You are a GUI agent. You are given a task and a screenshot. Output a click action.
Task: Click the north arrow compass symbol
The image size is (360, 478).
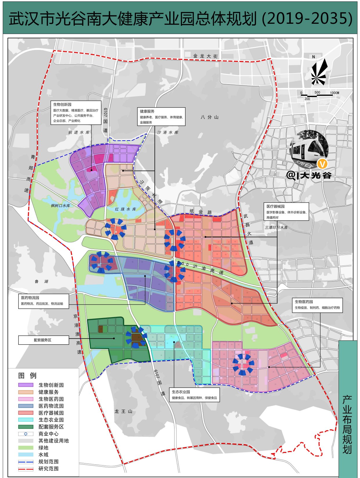point(319,72)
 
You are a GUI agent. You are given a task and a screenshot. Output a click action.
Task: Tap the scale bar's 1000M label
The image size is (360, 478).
point(334,93)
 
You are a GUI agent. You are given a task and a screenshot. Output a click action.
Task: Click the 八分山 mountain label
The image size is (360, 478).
point(209,117)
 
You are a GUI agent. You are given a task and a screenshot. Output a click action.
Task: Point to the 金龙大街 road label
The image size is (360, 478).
point(205,56)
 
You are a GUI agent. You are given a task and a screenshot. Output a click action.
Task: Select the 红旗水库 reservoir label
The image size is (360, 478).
point(125,209)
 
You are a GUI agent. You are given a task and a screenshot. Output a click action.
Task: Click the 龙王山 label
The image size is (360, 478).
point(123,411)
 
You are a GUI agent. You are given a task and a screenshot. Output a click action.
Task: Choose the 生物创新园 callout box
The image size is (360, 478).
point(76,112)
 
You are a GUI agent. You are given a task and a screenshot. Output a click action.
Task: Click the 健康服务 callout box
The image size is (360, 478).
point(161,117)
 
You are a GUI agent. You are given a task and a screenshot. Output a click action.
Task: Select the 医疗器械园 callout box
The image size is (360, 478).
point(286,212)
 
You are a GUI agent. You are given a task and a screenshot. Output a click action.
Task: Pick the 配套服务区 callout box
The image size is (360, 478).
point(43,340)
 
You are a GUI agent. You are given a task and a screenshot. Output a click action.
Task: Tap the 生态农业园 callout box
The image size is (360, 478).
point(194,395)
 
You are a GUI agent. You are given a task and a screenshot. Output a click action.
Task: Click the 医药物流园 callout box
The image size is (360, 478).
point(43,301)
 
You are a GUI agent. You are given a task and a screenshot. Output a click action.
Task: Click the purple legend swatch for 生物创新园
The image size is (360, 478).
point(26,385)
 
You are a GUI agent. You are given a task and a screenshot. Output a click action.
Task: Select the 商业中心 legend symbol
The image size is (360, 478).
point(26,434)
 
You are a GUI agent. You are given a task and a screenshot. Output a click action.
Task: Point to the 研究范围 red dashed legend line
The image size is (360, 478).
point(26,468)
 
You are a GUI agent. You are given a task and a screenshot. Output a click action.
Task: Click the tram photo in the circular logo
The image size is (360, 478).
point(309,149)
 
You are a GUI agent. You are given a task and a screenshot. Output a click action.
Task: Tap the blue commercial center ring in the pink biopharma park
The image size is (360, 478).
point(243,364)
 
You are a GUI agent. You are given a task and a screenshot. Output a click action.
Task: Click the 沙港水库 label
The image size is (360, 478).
point(168,132)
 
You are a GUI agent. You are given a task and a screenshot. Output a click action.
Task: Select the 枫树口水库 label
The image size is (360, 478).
point(61,206)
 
